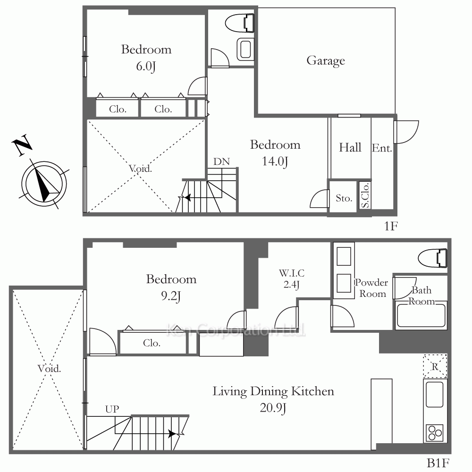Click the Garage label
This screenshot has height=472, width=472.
[x=326, y=61]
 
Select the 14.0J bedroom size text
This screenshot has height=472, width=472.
[x=275, y=161]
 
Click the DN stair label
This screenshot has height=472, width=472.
[x=221, y=161]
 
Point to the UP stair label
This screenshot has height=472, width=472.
[x=112, y=409]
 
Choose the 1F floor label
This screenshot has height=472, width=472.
[x=391, y=226]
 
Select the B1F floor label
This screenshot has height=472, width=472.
[x=438, y=463]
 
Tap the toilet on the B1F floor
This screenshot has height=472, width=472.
[x=432, y=258]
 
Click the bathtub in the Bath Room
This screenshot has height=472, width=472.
[x=421, y=316]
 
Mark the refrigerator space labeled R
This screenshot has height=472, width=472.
[x=435, y=366]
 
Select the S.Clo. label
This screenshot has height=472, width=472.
[x=365, y=196]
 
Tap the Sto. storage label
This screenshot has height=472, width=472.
[x=344, y=198]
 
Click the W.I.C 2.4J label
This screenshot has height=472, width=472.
[x=291, y=278]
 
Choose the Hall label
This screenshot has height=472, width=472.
[x=350, y=147]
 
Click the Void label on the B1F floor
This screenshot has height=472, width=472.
[x=49, y=368]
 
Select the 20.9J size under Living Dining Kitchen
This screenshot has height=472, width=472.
[x=273, y=408]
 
